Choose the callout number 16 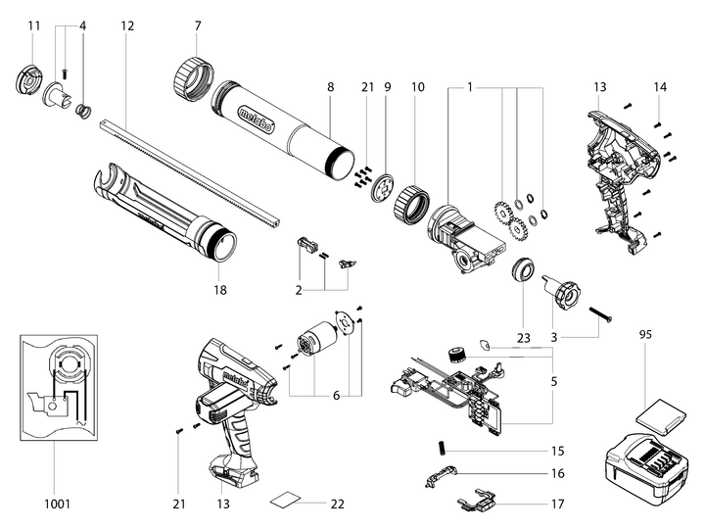click(557, 473)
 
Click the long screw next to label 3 click(604, 313)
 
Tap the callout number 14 click(660, 87)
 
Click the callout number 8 click(331, 87)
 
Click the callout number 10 click(418, 87)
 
